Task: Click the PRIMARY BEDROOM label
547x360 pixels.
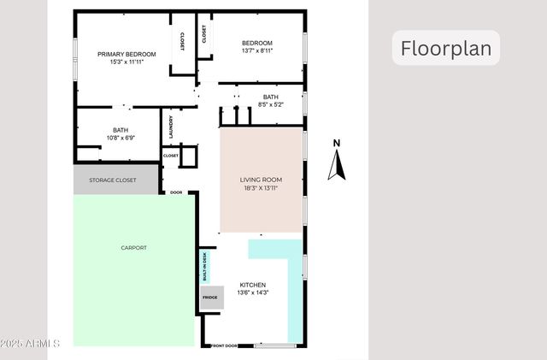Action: (x=126, y=54)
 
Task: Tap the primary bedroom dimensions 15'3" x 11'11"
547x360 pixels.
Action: (x=126, y=62)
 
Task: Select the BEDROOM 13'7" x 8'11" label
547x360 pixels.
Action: (x=256, y=47)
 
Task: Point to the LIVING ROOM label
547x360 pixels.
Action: (x=261, y=180)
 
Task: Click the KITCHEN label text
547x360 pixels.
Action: (x=252, y=285)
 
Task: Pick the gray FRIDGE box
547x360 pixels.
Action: (x=210, y=298)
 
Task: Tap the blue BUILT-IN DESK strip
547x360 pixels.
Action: (x=205, y=267)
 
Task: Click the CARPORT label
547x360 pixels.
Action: (x=133, y=248)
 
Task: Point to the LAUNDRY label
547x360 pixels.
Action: (x=171, y=127)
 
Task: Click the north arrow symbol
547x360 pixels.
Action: (x=337, y=165)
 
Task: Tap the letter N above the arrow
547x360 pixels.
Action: (x=337, y=143)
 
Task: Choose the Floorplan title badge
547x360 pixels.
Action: (x=446, y=48)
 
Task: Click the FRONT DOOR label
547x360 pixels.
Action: (x=224, y=345)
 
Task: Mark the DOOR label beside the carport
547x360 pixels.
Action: (x=176, y=192)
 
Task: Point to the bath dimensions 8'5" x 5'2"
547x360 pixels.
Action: (x=270, y=105)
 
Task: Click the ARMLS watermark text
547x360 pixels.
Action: (x=31, y=344)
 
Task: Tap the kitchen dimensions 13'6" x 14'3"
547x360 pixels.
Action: (x=252, y=293)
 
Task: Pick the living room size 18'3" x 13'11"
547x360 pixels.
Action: (x=261, y=188)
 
